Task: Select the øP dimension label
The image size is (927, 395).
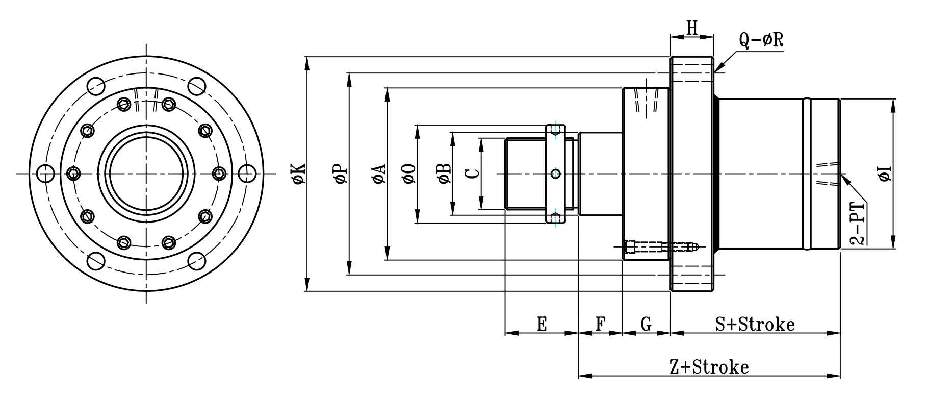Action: [341, 174]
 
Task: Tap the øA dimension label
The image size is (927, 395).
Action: [379, 174]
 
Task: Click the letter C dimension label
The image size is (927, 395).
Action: [473, 174]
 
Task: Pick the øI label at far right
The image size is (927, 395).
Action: [885, 174]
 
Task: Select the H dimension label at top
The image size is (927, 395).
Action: [691, 28]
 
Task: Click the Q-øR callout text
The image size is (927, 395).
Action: [761, 41]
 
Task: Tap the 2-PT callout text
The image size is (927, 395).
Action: [859, 225]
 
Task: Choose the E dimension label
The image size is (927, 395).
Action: [542, 324]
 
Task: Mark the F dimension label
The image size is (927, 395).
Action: [601, 324]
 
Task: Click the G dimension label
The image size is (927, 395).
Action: [646, 324]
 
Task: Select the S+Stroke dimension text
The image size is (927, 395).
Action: [755, 324]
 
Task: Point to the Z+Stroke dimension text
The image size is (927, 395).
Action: [709, 367]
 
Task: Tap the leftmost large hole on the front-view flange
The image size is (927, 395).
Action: [46, 174]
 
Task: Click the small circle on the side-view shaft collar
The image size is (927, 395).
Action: [556, 174]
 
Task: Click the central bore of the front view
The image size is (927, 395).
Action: [147, 174]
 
